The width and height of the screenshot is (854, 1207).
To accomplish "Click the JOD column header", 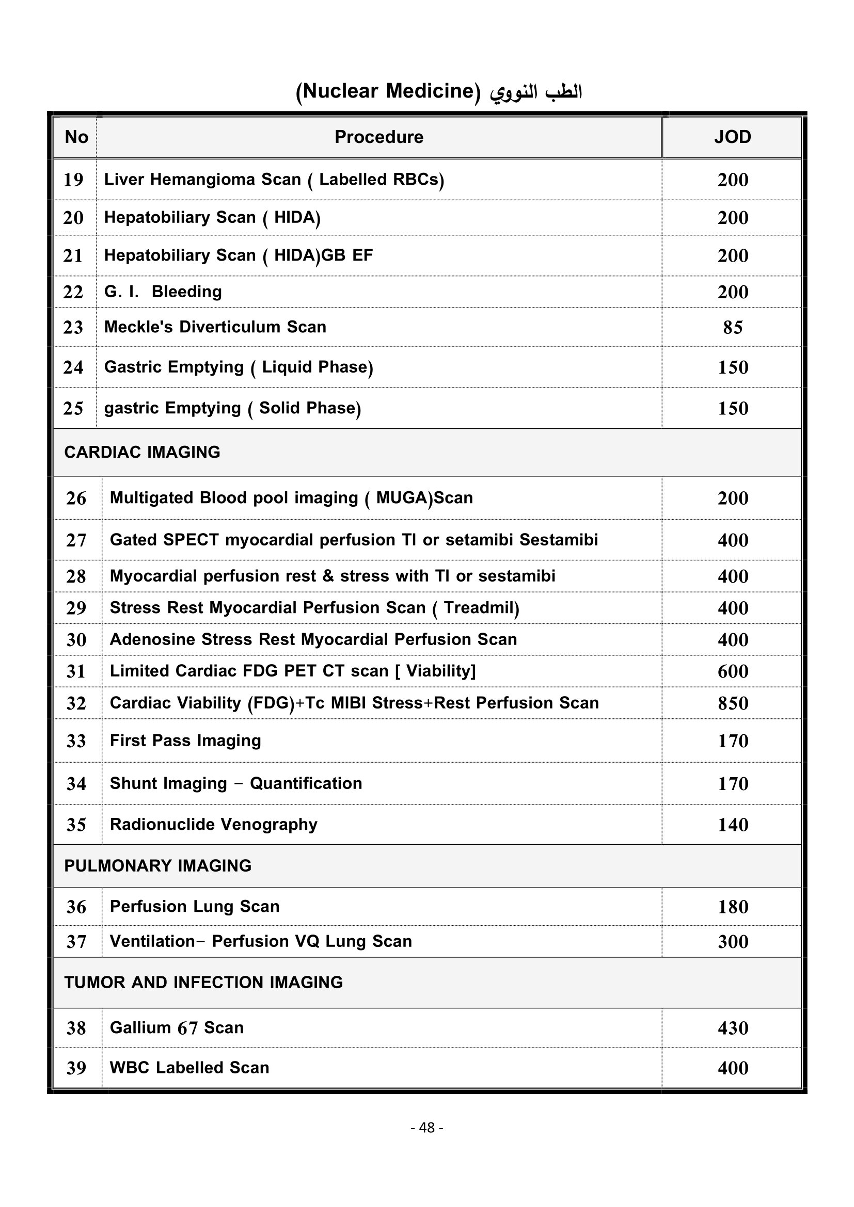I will [x=732, y=137].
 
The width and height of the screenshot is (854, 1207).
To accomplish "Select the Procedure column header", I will [x=378, y=137].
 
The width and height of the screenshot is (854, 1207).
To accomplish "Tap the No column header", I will [x=76, y=137].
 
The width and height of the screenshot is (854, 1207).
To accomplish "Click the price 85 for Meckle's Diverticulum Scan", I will [x=733, y=328].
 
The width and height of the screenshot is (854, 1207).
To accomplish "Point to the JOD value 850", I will [x=733, y=703].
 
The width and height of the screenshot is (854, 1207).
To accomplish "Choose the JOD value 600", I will [x=733, y=671].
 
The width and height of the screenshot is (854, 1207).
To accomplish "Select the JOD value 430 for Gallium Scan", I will [x=733, y=1028].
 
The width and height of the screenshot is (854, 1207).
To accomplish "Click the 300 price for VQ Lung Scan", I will [x=733, y=942].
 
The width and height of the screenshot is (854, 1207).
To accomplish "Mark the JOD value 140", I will [x=733, y=825].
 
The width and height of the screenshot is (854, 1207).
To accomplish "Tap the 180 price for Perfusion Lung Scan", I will [x=733, y=907].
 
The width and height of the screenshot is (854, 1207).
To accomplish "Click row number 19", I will [x=73, y=180].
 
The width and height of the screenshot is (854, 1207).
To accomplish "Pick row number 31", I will [x=76, y=671].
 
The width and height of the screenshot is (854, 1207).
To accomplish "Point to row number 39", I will [x=76, y=1068].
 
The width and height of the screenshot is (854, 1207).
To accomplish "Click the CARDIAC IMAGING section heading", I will [x=142, y=453].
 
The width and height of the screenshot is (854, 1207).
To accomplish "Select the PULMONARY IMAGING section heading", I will [x=158, y=866].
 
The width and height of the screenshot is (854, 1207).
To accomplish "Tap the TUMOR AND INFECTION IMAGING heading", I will [x=203, y=983].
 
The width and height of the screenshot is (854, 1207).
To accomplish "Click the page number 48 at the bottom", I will [x=426, y=1128].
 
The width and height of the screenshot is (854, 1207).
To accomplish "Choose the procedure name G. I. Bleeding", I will [x=163, y=292].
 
